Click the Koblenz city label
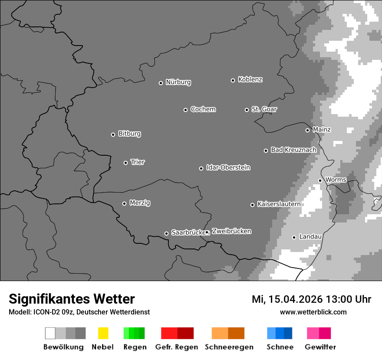tap(250, 80)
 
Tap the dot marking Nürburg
tap(161, 83)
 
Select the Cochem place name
tap(203, 109)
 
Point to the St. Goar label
tap(264, 109)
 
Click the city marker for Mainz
tap(307, 130)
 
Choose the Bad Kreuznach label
tap(293, 150)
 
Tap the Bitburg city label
tap(129, 134)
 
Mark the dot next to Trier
tap(125, 163)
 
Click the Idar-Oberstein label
tap(228, 168)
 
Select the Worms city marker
tap(320, 180)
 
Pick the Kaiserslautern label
tap(279, 204)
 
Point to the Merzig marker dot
tap(124, 203)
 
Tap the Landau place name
tap(310, 237)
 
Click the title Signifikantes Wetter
tap(72, 299)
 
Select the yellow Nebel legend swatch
tap(103, 333)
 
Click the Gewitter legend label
tap(320, 347)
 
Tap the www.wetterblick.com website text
tap(313, 312)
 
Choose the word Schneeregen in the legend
tap(229, 347)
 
